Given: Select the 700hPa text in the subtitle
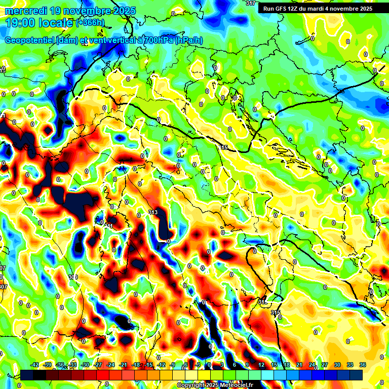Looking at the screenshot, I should tap(154, 41).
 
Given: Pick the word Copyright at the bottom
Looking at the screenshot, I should tap(192, 385).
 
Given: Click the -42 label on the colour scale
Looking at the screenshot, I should tap(35, 365).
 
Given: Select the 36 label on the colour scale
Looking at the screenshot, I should tap(363, 365).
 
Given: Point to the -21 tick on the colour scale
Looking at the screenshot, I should tap(123, 365).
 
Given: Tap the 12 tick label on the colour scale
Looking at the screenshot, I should tap(261, 365).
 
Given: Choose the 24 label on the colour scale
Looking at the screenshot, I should tap(312, 365).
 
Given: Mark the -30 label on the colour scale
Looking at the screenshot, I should tap(85, 365).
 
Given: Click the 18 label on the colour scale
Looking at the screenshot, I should tap(287, 365).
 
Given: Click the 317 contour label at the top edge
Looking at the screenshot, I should tap(250, 3).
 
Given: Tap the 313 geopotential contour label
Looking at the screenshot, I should tap(153, 212).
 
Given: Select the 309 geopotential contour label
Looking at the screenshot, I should tap(73, 277).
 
